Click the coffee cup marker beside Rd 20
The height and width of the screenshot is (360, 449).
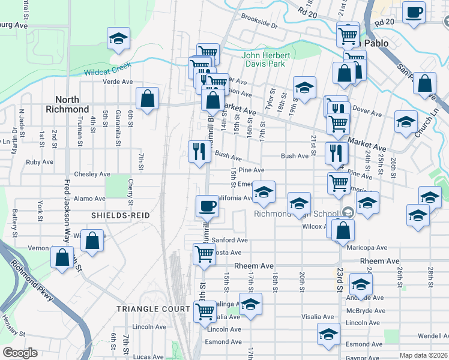tap(413, 13)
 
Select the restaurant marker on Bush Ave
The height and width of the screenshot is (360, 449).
tap(198, 151)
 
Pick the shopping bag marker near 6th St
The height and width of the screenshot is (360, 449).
tap(147, 99)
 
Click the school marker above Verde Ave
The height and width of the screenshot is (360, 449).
tap(119, 38)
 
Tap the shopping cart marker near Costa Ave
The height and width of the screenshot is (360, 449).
tap(204, 254)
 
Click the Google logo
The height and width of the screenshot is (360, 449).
tap(20, 353)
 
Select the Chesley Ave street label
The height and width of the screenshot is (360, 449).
tap(93, 174)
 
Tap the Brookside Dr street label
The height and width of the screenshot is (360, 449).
tap(259, 26)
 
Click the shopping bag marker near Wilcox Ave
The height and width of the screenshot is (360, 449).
tap(343, 230)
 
